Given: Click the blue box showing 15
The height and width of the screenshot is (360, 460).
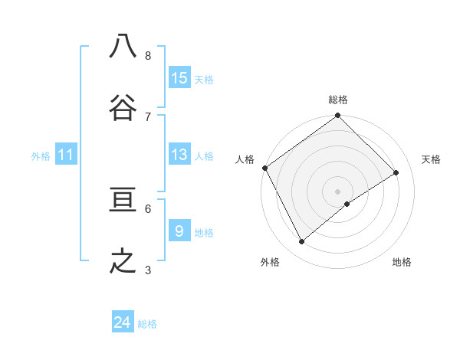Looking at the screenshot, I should pyautogui.click(x=179, y=77).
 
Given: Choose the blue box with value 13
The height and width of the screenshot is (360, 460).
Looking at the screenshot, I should pyautogui.click(x=179, y=155).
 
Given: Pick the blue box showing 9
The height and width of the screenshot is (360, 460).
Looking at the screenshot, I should pyautogui.click(x=179, y=231).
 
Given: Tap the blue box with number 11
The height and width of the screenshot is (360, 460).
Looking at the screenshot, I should pyautogui.click(x=66, y=155).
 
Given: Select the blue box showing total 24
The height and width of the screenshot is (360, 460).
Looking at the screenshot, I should pyautogui.click(x=123, y=322).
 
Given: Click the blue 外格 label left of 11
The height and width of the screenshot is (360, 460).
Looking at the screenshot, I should pyautogui.click(x=41, y=156).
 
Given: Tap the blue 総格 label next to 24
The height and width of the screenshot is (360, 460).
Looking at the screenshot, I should pyautogui.click(x=147, y=324).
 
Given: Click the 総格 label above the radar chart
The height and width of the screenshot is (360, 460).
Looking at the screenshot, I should pyautogui.click(x=337, y=100).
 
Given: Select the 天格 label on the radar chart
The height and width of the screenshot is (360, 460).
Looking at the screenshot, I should pyautogui.click(x=432, y=159).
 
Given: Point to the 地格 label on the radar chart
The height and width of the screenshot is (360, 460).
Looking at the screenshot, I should pyautogui.click(x=402, y=263).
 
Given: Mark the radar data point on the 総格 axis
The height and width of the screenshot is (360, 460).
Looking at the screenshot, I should pyautogui.click(x=337, y=116).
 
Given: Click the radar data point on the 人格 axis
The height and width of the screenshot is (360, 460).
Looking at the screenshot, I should pyautogui.click(x=264, y=168).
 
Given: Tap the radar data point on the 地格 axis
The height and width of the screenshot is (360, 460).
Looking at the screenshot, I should pyautogui.click(x=347, y=204).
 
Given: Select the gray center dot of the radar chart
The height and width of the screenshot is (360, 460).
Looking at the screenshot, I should pyautogui.click(x=337, y=191).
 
